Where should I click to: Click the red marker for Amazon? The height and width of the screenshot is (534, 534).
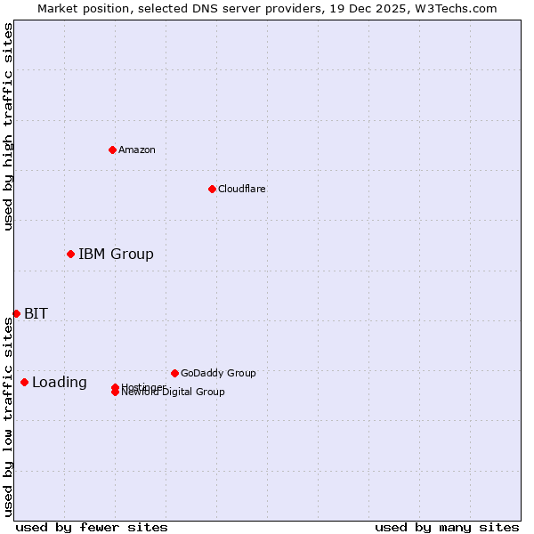[112, 150]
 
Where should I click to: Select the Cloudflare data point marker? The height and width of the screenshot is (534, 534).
[212, 189]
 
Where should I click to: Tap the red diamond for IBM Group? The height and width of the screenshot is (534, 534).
[70, 255]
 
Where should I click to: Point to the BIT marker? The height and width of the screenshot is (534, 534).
[16, 313]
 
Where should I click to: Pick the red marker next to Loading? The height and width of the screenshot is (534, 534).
[24, 382]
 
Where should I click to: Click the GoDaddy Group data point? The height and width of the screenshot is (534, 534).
[174, 373]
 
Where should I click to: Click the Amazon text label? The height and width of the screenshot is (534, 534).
[137, 150]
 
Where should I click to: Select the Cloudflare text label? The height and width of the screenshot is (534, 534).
[242, 189]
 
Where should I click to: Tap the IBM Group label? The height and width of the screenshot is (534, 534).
[116, 255]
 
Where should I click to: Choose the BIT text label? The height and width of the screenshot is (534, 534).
[36, 313]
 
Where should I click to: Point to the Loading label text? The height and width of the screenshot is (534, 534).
[60, 383]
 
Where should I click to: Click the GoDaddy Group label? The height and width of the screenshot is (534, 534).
[218, 373]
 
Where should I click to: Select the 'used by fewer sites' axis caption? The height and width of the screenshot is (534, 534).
[92, 527]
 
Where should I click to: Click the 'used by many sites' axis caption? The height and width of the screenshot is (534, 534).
[447, 527]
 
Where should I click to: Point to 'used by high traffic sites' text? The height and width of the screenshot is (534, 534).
[8, 126]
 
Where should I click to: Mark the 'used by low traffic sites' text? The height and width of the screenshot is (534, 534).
[8, 417]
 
